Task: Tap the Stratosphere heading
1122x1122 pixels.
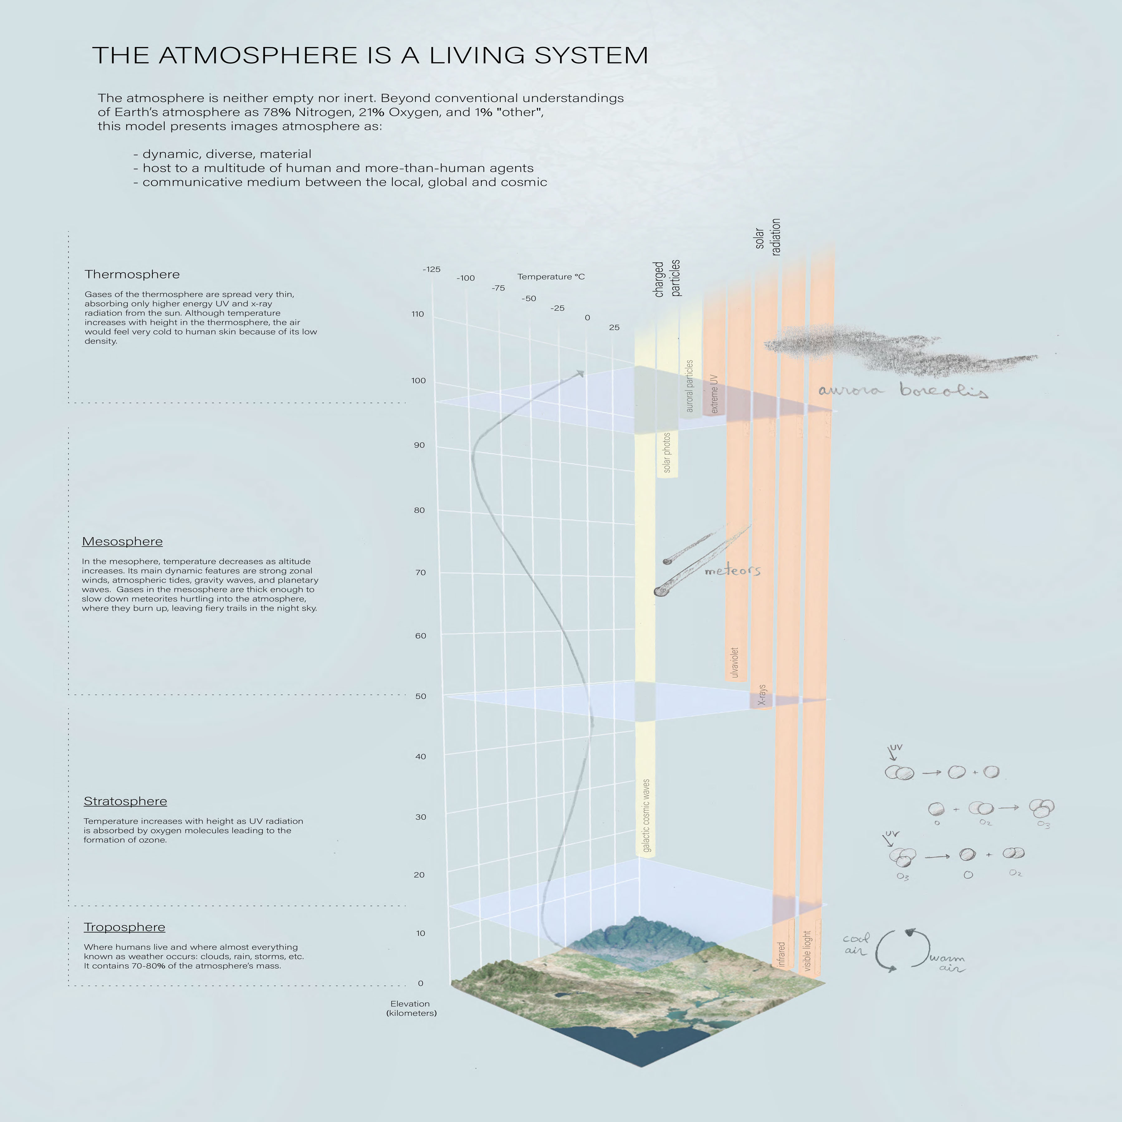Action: pyautogui.click(x=125, y=801)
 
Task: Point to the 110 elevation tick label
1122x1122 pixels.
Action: pyautogui.click(x=418, y=314)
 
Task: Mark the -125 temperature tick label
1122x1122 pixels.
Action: pyautogui.click(x=431, y=270)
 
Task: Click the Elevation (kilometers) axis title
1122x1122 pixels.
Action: pyautogui.click(x=411, y=1008)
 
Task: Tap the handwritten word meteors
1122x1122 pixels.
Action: pyautogui.click(x=732, y=571)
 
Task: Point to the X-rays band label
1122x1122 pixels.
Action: pyautogui.click(x=762, y=695)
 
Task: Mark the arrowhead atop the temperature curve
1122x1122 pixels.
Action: pyautogui.click(x=580, y=373)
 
